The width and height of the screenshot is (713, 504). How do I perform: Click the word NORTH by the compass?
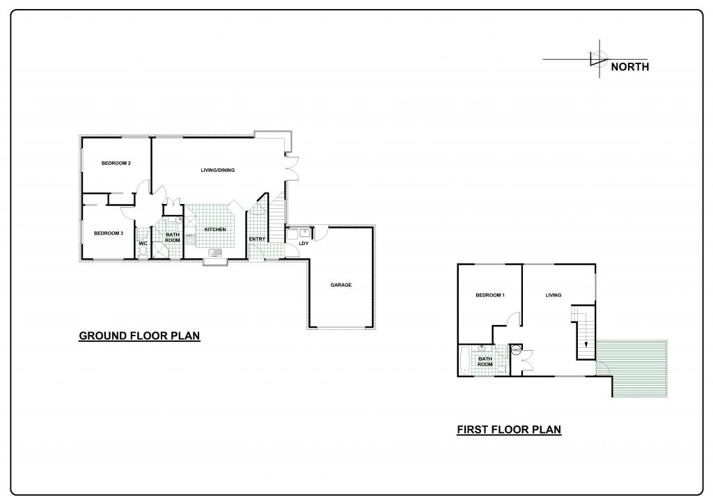[629, 67]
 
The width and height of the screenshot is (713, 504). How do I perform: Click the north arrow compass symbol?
[598, 58]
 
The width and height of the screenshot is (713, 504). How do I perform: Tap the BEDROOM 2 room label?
[116, 163]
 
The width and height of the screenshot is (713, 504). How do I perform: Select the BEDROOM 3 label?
[109, 233]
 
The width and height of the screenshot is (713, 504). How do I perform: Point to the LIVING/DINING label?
[218, 171]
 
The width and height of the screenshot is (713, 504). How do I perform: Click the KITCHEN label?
[215, 230]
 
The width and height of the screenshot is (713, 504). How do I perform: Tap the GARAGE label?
[341, 285]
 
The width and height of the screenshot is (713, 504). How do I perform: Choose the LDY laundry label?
[304, 244]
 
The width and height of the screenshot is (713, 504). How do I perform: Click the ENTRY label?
[257, 239]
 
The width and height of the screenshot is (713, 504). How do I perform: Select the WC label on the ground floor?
[143, 244]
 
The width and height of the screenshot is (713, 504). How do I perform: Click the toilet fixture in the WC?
[143, 252]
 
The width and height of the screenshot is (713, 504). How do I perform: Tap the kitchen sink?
[214, 252]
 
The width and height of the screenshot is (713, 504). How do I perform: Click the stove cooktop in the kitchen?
[190, 239]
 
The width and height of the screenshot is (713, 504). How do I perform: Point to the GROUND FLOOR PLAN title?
[139, 336]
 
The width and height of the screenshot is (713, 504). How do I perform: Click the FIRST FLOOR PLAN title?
[509, 430]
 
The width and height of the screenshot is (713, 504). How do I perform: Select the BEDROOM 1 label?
[490, 295]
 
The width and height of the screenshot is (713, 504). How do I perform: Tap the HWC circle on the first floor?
[516, 350]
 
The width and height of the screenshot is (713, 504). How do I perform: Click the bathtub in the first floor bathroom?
[464, 361]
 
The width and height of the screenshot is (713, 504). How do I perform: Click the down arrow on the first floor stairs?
[586, 344]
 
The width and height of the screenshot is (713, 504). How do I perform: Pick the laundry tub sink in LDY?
[304, 234]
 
